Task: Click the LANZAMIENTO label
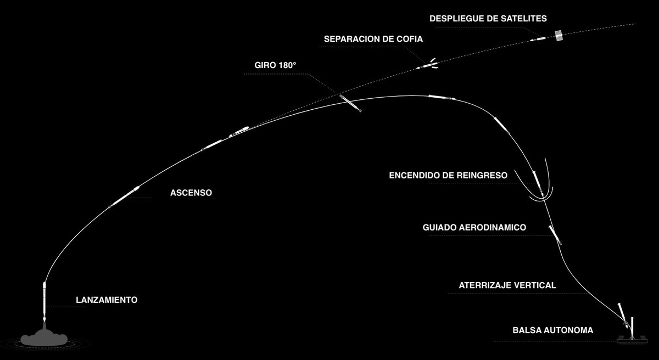(x=106, y=300)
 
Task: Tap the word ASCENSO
(x=191, y=193)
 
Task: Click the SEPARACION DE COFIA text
(x=373, y=39)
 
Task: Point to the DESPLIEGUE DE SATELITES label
(x=488, y=19)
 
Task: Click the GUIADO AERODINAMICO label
(x=475, y=227)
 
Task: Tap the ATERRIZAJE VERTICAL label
(x=507, y=285)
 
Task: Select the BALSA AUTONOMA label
(x=553, y=331)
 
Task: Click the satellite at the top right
(x=559, y=36)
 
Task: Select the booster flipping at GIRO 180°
(x=350, y=103)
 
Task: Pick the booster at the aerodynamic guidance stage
(x=555, y=234)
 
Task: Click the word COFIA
(x=411, y=39)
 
